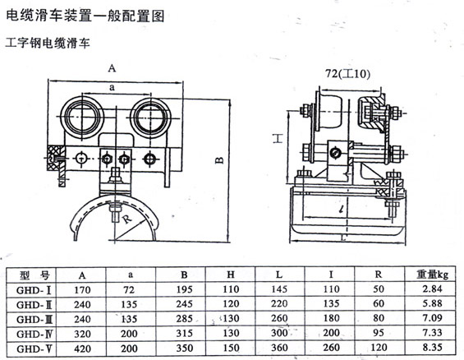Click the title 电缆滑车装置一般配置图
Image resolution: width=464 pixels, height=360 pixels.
(x=85, y=16)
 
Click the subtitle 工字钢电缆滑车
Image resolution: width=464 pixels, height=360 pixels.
(x=48, y=44)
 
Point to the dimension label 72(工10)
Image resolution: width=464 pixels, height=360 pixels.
(x=347, y=73)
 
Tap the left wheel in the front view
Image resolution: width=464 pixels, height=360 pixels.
(x=81, y=118)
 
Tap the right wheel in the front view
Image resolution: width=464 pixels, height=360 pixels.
(x=150, y=118)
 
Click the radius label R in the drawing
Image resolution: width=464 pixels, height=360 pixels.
(x=126, y=219)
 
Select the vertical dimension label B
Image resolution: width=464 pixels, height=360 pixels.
(x=219, y=160)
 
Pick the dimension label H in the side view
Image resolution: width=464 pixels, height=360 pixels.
(x=278, y=138)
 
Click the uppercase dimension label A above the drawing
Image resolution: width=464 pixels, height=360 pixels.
(x=112, y=68)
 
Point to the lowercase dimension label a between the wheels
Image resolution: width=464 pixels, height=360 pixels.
(x=112, y=87)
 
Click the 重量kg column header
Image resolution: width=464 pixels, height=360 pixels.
(x=432, y=275)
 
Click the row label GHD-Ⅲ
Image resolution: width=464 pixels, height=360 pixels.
(x=34, y=320)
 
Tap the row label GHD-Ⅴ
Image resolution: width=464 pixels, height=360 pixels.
(x=34, y=349)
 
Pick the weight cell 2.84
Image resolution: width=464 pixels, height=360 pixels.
(x=432, y=288)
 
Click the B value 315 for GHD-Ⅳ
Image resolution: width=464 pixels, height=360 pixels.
(x=184, y=334)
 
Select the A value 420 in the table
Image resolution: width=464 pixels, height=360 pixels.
(x=82, y=348)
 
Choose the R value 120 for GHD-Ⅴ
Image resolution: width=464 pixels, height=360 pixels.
(x=379, y=348)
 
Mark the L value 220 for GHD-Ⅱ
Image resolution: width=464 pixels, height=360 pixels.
(x=279, y=303)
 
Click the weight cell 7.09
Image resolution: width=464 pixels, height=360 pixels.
(x=432, y=318)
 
